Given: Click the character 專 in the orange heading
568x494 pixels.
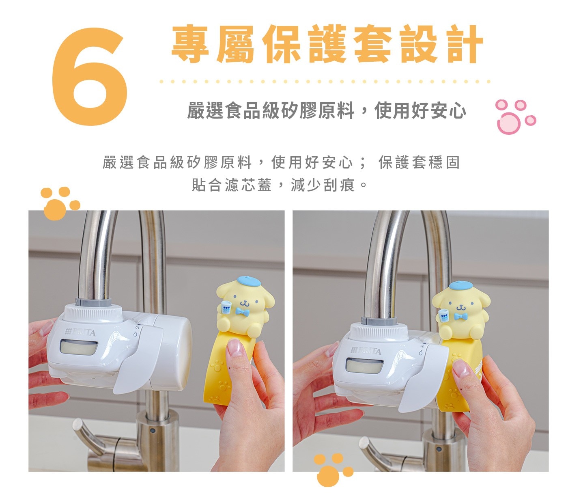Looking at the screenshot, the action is pyautogui.click(x=190, y=44).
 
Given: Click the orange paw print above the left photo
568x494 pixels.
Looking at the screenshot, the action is pyautogui.click(x=60, y=203).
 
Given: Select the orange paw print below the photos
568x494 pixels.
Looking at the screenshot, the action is pyautogui.click(x=333, y=470).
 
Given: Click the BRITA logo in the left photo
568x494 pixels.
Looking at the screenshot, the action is pyautogui.click(x=80, y=332).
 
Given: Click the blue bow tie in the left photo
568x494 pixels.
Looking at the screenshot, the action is pyautogui.click(x=241, y=311).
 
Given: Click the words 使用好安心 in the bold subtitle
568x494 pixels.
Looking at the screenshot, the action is pyautogui.click(x=420, y=111).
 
